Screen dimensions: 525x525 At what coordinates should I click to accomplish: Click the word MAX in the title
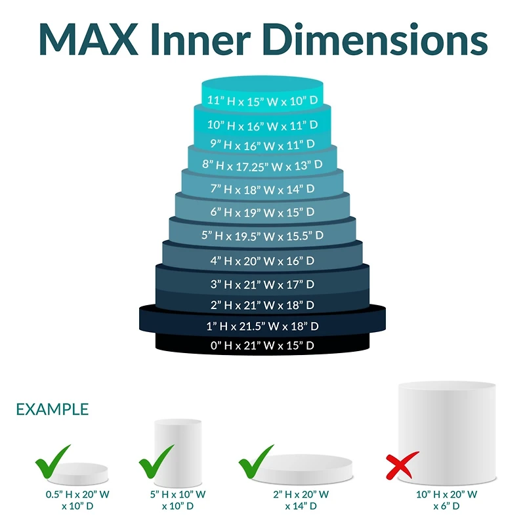pos(89,39)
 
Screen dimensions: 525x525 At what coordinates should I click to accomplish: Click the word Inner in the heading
pos(201,39)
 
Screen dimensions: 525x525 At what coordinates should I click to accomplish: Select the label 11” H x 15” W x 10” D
pos(262,100)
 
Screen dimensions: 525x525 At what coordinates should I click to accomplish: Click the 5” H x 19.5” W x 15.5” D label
pos(262,236)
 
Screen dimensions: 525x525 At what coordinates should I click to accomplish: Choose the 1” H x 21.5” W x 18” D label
pos(262,326)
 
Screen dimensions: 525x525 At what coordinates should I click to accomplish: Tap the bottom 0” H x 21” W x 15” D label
pos(262,346)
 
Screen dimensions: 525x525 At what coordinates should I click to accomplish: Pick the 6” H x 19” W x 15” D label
pos(262,212)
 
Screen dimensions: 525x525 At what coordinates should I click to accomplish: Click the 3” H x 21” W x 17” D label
pos(262,285)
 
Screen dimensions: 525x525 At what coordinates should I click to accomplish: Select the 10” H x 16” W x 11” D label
pos(262,125)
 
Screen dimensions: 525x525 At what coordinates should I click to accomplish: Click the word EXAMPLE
pos(52,409)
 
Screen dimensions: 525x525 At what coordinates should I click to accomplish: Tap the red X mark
pos(402,465)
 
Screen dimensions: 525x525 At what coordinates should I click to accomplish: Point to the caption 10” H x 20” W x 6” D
pos(447,500)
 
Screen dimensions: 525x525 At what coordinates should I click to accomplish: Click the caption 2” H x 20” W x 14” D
pos(301,500)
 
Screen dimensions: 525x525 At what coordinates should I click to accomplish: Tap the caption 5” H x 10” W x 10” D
pos(178,500)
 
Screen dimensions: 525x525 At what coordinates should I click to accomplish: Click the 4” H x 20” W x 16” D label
pos(262,261)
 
